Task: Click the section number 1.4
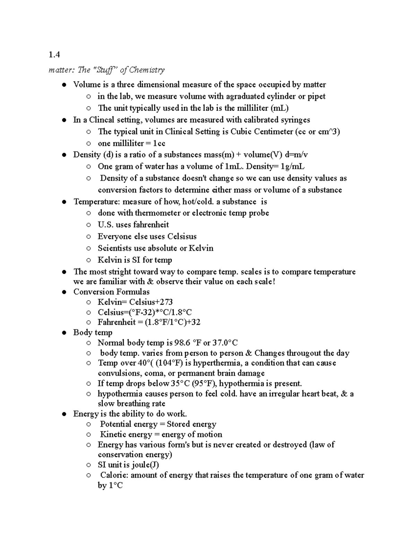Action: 54,54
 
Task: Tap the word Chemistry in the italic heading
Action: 147,70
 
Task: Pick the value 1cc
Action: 157,143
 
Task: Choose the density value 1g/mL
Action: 293,166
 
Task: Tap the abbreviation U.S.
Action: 105,225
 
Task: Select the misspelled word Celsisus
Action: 182,236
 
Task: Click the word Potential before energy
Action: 115,424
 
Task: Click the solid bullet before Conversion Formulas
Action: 64,292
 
